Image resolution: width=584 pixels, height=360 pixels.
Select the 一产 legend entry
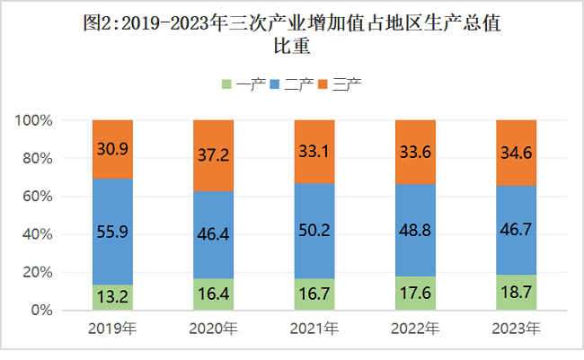point(243,85)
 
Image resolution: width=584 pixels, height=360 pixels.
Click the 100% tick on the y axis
point(37,121)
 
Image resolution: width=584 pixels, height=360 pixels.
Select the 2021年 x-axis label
point(314,329)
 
